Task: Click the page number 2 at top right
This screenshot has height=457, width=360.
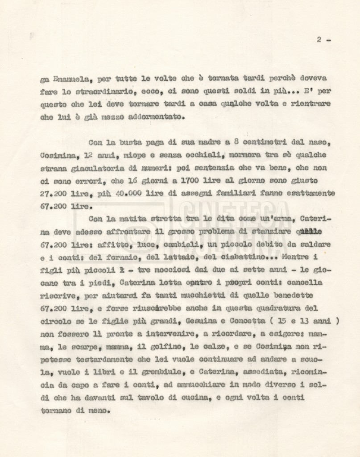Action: click(x=319, y=39)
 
